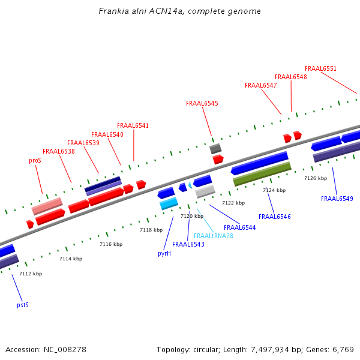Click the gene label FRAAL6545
click(202, 103)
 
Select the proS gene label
click(35, 161)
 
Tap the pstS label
click(22, 305)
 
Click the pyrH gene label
click(164, 253)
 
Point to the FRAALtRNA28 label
click(214, 236)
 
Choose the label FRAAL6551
click(320, 68)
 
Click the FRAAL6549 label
click(337, 199)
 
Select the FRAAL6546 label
click(275, 217)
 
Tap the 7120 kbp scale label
click(192, 216)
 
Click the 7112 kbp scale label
click(31, 274)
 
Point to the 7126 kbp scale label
click(316, 178)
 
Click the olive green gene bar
click(262, 173)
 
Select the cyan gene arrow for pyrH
click(169, 205)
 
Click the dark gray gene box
click(215, 148)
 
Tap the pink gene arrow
click(47, 206)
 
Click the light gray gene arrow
click(205, 191)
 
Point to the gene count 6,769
click(341, 349)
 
